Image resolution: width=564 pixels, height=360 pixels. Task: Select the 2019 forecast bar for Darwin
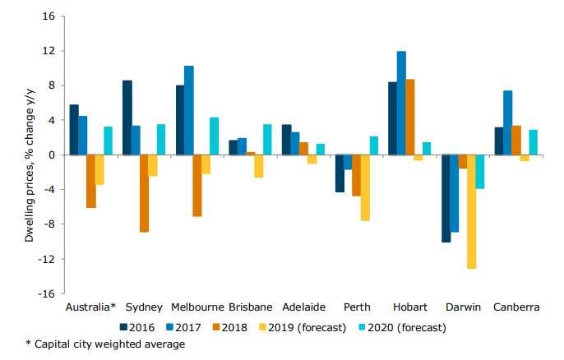pyautogui.click(x=471, y=211)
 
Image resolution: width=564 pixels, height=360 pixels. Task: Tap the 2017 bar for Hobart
pyautogui.click(x=401, y=103)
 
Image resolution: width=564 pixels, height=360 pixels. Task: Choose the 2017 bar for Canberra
pyautogui.click(x=507, y=122)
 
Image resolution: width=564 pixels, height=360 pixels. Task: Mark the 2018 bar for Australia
pyautogui.click(x=90, y=181)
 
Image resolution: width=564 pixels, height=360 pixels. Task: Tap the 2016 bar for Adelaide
pyautogui.click(x=286, y=140)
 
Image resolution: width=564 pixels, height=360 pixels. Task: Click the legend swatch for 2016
pyautogui.click(x=125, y=327)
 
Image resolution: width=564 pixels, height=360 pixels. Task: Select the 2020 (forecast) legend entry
pyautogui.click(x=403, y=327)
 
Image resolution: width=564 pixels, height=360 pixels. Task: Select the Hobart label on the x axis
pyautogui.click(x=409, y=307)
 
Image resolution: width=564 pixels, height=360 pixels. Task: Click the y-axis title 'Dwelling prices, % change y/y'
pyautogui.click(x=29, y=155)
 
